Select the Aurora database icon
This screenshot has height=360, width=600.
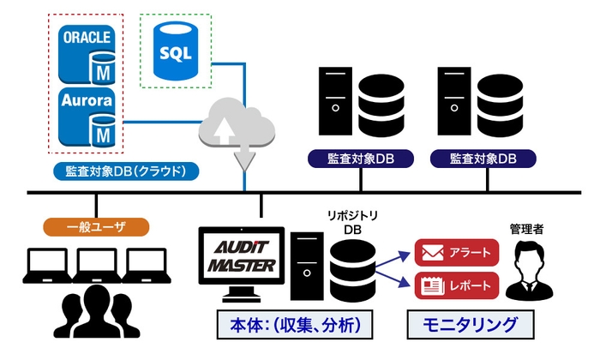(87, 117)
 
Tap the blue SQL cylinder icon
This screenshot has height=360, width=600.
(176, 51)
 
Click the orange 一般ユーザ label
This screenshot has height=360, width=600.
(96, 227)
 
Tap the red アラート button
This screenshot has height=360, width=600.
(456, 252)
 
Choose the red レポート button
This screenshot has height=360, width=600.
(456, 285)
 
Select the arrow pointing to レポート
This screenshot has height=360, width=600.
(397, 280)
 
